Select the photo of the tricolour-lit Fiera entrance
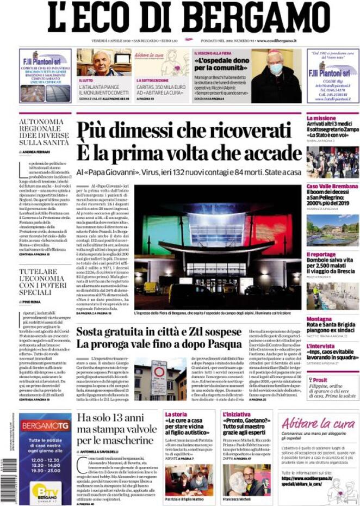click(218, 248)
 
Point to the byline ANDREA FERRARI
click(40, 151)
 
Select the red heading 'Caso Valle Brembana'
click(332, 187)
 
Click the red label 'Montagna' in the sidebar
click(319, 319)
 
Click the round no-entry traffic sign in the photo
click(159, 372)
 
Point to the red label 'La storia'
click(176, 414)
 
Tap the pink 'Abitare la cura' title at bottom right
click(311, 423)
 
